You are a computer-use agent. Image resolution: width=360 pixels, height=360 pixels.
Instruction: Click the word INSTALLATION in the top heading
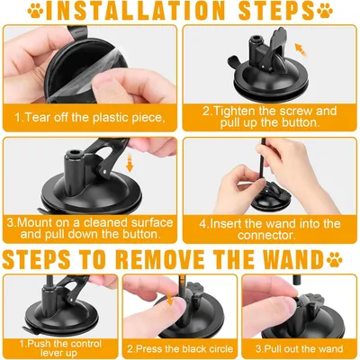tap(135, 11)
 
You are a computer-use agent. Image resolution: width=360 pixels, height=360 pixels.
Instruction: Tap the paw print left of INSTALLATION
tap(35, 11)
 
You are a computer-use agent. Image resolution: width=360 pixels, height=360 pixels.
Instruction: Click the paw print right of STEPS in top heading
tap(325, 11)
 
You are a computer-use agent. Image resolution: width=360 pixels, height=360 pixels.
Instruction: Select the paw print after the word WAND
tap(335, 260)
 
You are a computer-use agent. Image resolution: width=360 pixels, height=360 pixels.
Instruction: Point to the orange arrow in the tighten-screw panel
tap(301, 49)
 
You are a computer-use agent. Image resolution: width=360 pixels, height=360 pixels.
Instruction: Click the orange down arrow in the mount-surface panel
tap(130, 163)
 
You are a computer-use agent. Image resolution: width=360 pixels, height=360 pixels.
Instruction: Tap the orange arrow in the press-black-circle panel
tap(170, 298)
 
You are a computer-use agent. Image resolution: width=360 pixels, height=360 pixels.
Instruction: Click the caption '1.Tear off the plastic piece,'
tap(90, 117)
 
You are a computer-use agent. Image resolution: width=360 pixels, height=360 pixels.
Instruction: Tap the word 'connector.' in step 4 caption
tap(267, 235)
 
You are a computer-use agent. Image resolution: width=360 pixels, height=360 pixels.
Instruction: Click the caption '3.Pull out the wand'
tap(299, 349)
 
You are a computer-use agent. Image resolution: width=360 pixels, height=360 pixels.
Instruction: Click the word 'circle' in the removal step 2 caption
tap(220, 349)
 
